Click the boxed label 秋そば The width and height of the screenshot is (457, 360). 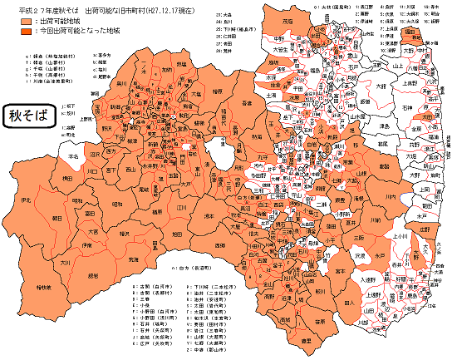coord(28,114)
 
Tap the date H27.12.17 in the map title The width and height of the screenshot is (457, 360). coord(180,8)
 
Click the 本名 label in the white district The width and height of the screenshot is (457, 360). coord(73,155)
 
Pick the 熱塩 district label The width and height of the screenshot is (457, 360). coord(181,63)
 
